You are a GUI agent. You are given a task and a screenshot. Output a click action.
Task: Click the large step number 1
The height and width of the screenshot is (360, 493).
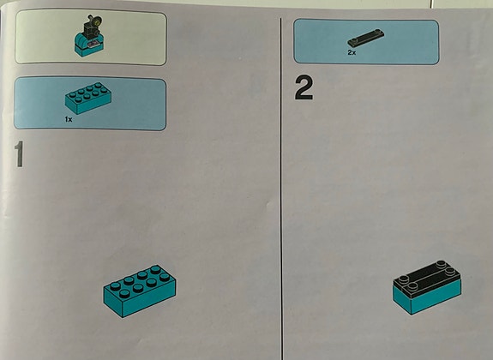point(20,154)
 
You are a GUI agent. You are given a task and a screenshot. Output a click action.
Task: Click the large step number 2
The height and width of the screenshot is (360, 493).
point(304,88)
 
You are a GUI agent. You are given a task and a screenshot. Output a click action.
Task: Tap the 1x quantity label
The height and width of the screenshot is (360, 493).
point(69,119)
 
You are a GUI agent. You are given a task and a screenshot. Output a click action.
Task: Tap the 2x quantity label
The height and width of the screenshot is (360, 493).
point(352,52)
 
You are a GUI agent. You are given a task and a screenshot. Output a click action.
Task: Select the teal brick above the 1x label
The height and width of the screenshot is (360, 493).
point(88,98)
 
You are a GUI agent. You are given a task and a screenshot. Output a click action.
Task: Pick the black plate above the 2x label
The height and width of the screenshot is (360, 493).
point(366,38)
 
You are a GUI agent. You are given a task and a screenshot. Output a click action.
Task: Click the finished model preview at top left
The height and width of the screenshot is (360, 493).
point(89,37)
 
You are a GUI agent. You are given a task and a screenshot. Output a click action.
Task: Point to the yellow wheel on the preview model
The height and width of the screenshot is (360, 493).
point(97,21)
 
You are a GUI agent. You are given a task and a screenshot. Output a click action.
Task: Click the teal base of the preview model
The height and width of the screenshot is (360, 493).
point(88,45)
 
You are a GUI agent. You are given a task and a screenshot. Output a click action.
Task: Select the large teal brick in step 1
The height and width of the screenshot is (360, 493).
point(140,291)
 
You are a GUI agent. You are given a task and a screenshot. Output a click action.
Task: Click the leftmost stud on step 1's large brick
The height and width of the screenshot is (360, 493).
point(115,285)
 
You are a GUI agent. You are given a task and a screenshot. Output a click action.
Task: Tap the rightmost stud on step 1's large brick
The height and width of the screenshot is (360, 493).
point(165,277)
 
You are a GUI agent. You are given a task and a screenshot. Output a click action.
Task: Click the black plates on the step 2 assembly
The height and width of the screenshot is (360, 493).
point(427,279)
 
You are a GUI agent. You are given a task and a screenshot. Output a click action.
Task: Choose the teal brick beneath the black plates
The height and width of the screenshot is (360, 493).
point(428,296)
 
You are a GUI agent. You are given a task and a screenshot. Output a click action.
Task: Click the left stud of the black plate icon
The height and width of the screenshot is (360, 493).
point(354,40)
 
